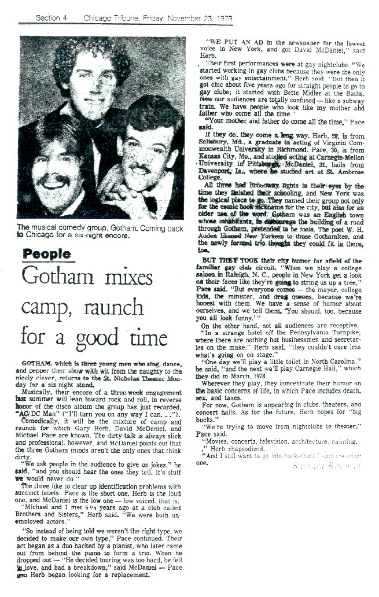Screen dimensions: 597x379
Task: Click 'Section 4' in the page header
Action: [x=51, y=18]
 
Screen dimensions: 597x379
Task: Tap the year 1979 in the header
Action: [x=221, y=18]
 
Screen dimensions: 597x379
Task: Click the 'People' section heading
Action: [x=48, y=255]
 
